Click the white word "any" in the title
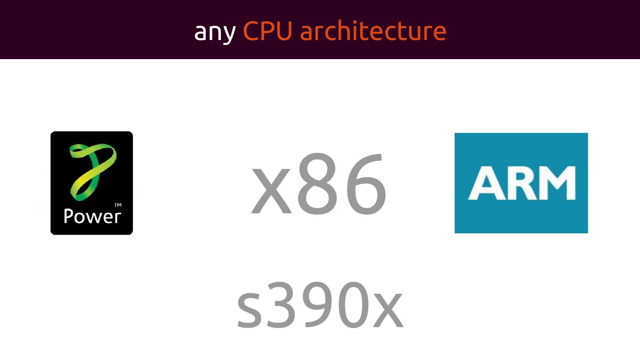pyautogui.click(x=215, y=32)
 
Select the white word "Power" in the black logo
pyautogui.click(x=92, y=216)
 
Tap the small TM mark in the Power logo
pyautogui.click(x=118, y=205)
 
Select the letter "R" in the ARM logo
pyautogui.click(x=520, y=183)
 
